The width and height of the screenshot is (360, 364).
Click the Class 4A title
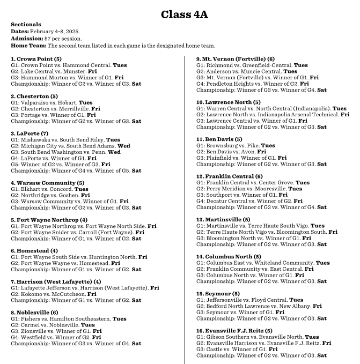tap(180, 14)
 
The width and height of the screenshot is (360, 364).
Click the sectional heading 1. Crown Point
tap(36, 58)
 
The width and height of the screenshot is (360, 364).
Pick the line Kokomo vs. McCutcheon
tap(54, 294)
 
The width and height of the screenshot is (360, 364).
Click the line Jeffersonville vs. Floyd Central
tap(242, 300)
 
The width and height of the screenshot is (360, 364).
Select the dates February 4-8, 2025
tap(54, 32)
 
